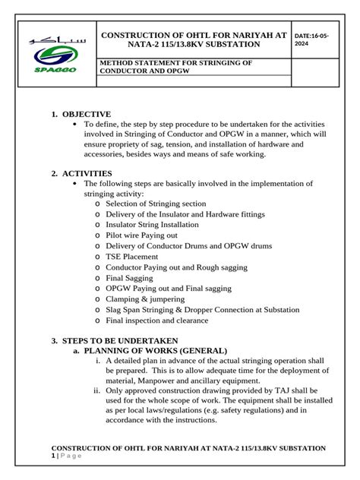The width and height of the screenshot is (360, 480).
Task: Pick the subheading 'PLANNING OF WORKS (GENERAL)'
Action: (x=155, y=350)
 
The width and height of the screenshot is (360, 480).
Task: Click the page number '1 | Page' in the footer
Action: (x=65, y=456)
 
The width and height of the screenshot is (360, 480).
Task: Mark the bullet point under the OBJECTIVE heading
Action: (x=73, y=124)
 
